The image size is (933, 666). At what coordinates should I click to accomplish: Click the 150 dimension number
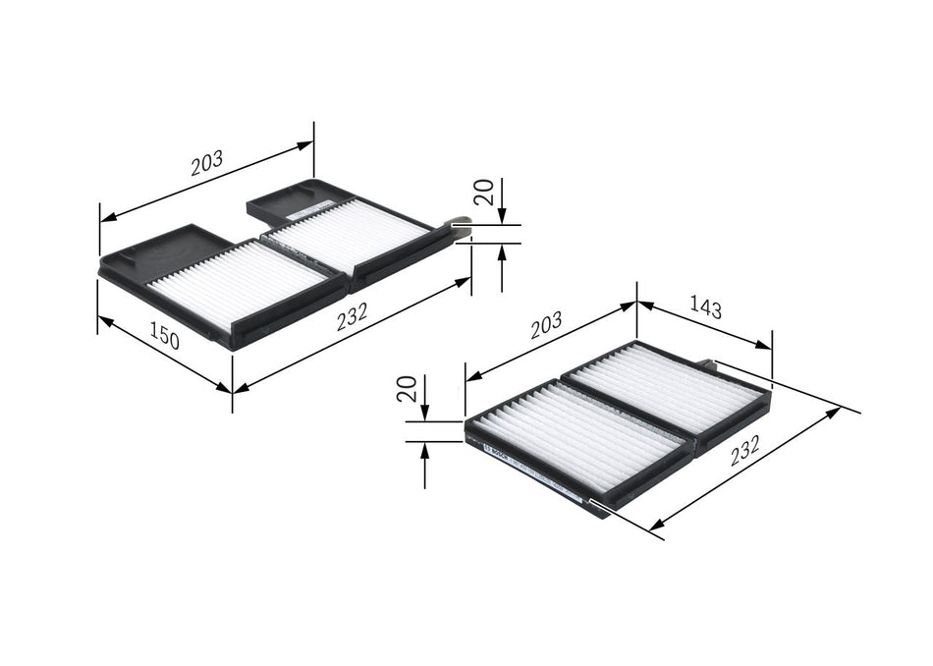tap(165, 338)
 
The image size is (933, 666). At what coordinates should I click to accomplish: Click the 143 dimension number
tap(705, 309)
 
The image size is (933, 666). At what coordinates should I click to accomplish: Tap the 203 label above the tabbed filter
tap(206, 162)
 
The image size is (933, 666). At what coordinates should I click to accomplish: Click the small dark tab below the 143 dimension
tap(709, 364)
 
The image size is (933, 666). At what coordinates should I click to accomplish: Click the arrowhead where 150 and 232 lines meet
tap(232, 390)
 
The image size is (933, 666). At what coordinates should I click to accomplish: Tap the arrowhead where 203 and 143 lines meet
tap(636, 304)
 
